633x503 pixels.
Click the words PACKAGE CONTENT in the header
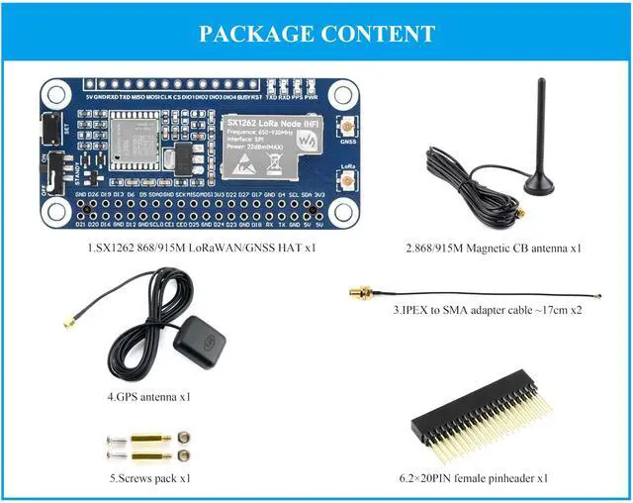click(x=316, y=33)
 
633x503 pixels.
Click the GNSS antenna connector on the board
click(x=348, y=130)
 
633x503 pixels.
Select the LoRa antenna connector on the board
click(x=348, y=180)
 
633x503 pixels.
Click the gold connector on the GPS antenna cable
click(x=70, y=322)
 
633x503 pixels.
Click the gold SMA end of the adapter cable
click(x=360, y=293)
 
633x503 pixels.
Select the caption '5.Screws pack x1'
click(x=150, y=478)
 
